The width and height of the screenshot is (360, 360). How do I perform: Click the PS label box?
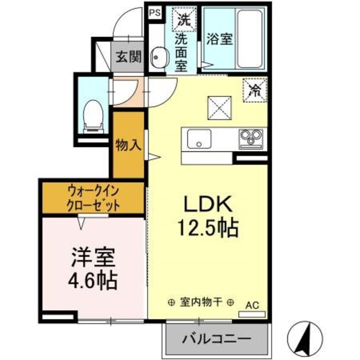pos(155,13)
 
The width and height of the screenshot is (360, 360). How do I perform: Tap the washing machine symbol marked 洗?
pos(184,20)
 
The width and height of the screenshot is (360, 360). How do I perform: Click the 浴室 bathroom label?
pos(220,39)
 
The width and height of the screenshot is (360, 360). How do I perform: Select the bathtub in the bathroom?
pos(249,39)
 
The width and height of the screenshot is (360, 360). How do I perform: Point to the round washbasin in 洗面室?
pos(159,57)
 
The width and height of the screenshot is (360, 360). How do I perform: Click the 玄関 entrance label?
pos(129,57)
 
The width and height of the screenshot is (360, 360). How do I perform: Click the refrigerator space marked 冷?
pos(255,90)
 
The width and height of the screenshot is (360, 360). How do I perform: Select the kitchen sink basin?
pos(199,139)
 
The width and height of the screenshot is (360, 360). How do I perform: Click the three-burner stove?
pos(251,139)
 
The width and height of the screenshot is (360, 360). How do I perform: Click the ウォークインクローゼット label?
pos(93,198)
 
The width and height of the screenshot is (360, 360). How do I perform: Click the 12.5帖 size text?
pos(208,228)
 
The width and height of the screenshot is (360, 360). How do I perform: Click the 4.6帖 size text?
pos(93,280)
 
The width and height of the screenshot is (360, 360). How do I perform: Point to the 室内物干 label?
pos(201,302)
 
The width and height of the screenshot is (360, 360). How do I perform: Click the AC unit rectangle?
pos(252,314)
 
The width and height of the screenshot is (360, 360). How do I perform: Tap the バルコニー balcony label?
pos(216,339)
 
